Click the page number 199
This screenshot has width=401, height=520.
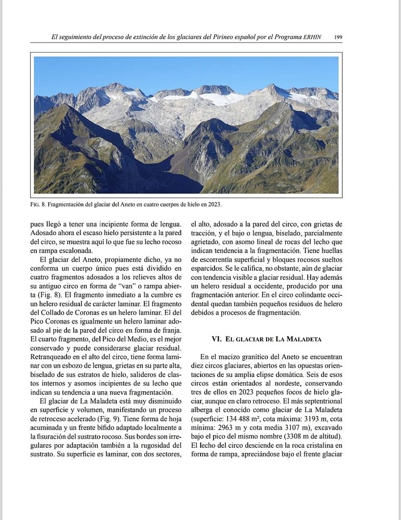point(338,37)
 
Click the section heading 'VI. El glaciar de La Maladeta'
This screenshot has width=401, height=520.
point(266,339)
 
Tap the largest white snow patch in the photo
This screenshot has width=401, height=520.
point(221,98)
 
